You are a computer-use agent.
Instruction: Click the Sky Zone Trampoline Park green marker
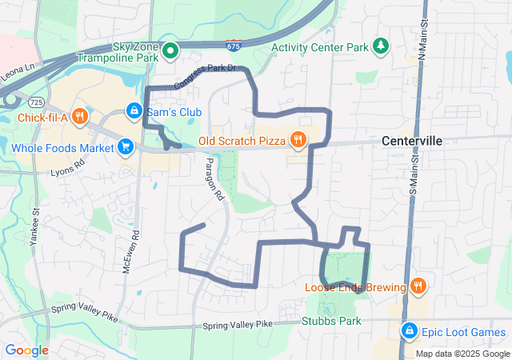[x=170, y=52]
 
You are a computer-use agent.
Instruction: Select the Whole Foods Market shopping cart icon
[x=126, y=147]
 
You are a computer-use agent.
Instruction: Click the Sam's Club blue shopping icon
[x=134, y=111]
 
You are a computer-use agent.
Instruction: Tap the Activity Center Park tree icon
[x=382, y=46]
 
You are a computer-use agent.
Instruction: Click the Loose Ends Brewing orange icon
[x=418, y=287]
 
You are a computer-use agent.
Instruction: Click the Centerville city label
[x=412, y=141]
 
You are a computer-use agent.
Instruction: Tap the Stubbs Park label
[x=331, y=322]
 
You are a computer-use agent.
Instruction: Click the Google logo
[x=27, y=350]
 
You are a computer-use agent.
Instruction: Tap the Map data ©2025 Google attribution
[x=462, y=354]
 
